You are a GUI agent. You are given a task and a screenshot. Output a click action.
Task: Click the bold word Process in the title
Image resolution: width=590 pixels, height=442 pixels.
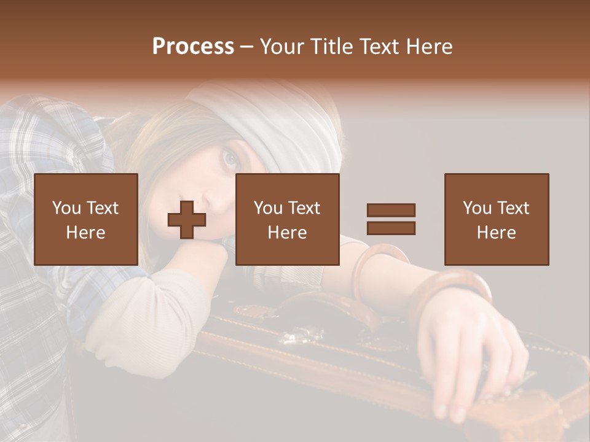pyautogui.click(x=193, y=47)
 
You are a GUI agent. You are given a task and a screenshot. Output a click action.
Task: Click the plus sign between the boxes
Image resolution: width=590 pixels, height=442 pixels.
pyautogui.click(x=187, y=220)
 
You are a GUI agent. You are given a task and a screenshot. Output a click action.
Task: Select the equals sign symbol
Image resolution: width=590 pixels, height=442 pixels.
pyautogui.click(x=391, y=219)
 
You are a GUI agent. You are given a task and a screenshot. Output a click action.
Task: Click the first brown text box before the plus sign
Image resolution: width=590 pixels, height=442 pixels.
pyautogui.click(x=85, y=219)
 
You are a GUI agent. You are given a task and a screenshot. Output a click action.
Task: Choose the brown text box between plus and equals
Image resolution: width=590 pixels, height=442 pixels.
pyautogui.click(x=287, y=219)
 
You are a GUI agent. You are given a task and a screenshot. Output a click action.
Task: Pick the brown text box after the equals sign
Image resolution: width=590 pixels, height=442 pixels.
pyautogui.click(x=496, y=219)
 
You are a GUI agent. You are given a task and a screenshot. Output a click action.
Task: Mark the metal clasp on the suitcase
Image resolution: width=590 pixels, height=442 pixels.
pyautogui.click(x=301, y=335)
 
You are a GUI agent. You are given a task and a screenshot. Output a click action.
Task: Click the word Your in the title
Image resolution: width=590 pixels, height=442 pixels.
pyautogui.click(x=281, y=47)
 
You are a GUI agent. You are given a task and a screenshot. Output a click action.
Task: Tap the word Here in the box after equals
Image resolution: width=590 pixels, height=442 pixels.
pyautogui.click(x=496, y=233)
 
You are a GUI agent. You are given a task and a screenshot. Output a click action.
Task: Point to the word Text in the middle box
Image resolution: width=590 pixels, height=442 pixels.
pyautogui.click(x=305, y=208)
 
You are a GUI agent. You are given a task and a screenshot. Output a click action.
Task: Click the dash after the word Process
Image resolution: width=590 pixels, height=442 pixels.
pyautogui.click(x=246, y=47)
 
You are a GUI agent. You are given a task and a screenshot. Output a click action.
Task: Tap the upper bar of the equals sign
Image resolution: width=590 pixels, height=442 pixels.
pyautogui.click(x=391, y=210)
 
